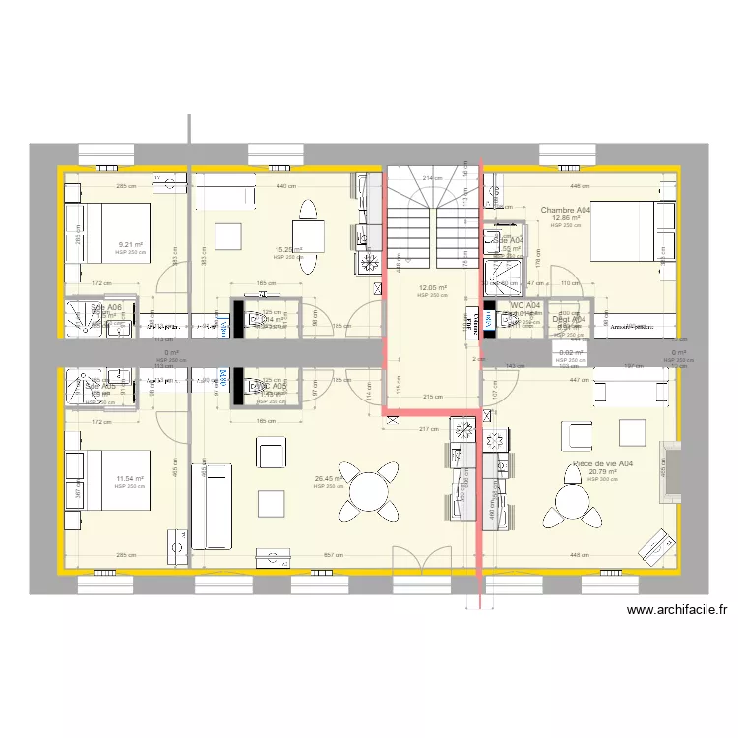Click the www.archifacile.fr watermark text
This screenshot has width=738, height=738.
(682, 610)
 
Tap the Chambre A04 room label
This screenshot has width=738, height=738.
(566, 210)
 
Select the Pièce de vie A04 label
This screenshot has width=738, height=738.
(602, 463)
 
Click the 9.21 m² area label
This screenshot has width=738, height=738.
(130, 244)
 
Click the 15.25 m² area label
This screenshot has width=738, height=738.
(286, 249)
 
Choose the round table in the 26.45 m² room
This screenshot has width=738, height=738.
(369, 491)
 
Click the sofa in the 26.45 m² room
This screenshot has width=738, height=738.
(210, 501)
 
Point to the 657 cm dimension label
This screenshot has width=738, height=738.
(335, 555)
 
